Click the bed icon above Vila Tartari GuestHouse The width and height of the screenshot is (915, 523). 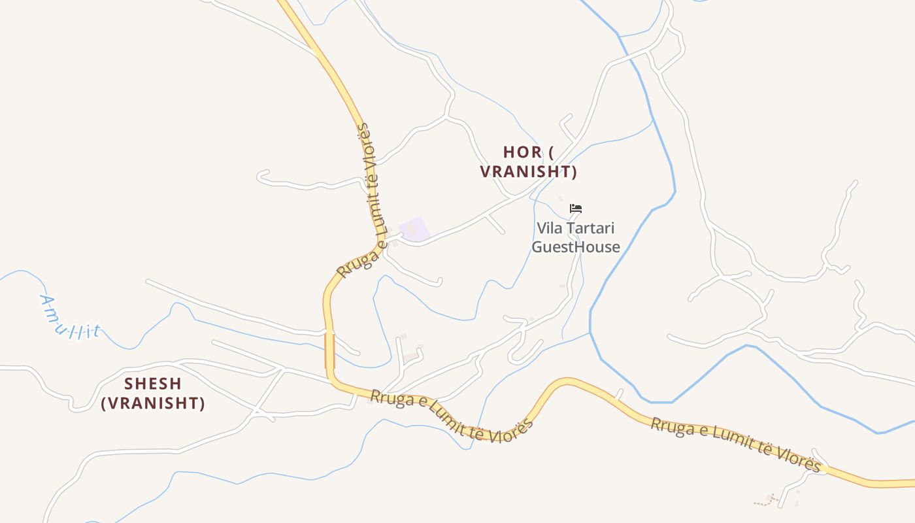(x=576, y=209)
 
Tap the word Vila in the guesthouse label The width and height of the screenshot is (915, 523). (x=550, y=229)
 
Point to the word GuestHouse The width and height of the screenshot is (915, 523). (x=576, y=247)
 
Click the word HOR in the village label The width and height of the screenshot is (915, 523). (x=522, y=152)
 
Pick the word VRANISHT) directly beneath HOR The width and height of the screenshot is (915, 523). (x=529, y=172)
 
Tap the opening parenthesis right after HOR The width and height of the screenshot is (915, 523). (x=551, y=152)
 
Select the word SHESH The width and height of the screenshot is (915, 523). (x=153, y=384)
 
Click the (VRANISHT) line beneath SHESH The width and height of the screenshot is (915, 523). (x=153, y=403)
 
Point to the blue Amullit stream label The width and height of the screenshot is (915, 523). (x=69, y=318)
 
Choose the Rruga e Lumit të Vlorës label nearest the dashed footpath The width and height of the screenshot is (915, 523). (x=735, y=445)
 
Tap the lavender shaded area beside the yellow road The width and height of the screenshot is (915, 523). (x=414, y=229)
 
